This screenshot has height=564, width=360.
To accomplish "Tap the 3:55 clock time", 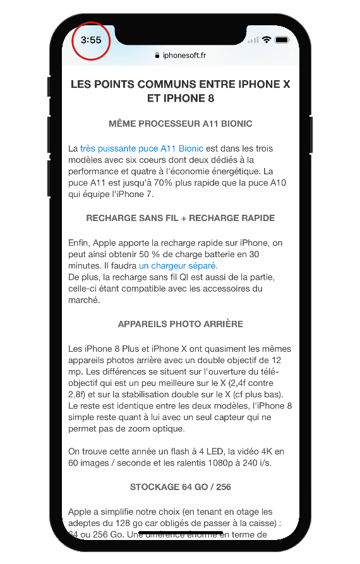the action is (x=91, y=40).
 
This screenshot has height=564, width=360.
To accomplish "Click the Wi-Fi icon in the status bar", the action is (x=267, y=40).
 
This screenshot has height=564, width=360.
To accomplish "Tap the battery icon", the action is (x=282, y=40).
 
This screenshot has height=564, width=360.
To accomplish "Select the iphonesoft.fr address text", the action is (x=184, y=56).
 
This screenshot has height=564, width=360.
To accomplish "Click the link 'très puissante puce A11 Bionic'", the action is (x=141, y=148).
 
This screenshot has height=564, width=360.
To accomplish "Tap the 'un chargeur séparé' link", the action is (x=177, y=265).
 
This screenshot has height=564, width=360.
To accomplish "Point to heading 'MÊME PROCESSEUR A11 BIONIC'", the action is (x=180, y=123).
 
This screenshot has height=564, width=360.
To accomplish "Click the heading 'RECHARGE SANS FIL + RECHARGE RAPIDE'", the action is (x=180, y=218).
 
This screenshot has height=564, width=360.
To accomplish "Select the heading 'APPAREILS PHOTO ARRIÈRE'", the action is (x=180, y=324).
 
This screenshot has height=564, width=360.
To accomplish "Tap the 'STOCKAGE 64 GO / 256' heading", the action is (x=180, y=487).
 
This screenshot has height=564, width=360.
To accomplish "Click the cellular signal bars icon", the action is (x=253, y=40).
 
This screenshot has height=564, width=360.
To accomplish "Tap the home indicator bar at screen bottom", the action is (x=180, y=532).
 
